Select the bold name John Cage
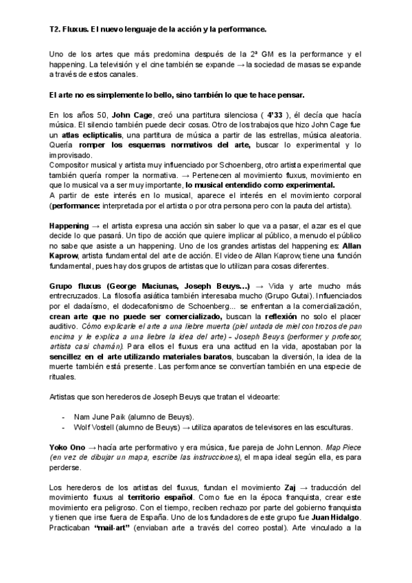(x=111, y=115)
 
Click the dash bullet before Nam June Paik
(x=63, y=417)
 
